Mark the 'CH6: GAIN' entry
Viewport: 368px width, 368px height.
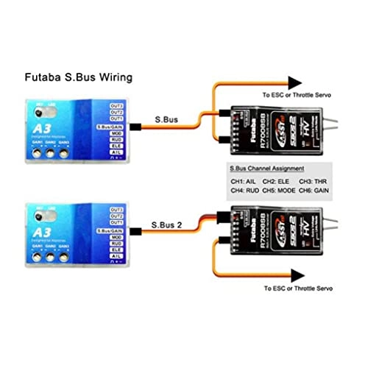coord(319,191)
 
